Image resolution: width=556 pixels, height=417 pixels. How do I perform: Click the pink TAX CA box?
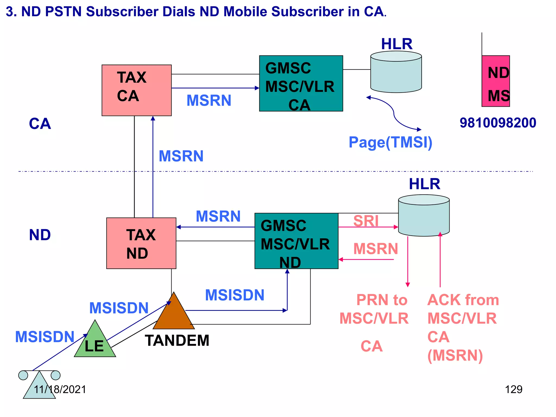pyautogui.click(x=137, y=90)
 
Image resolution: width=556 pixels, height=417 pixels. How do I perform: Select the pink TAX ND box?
pyautogui.click(x=141, y=243)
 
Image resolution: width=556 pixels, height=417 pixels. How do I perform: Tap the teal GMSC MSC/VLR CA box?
pyautogui.click(x=301, y=83)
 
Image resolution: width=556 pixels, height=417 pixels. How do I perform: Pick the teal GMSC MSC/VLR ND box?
pyautogui.click(x=296, y=241)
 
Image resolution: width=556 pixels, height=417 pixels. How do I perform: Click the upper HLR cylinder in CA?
pyautogui.click(x=396, y=72)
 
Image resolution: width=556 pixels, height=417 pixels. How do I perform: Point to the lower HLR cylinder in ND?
pyautogui.click(x=424, y=216)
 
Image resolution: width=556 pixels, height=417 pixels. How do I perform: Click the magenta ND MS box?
pyautogui.click(x=495, y=81)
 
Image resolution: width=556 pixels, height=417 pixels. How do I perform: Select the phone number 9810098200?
pyautogui.click(x=498, y=123)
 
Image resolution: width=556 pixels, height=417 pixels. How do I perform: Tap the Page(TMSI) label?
pyautogui.click(x=390, y=142)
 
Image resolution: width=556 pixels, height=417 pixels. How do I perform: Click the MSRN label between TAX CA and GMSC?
pyautogui.click(x=209, y=100)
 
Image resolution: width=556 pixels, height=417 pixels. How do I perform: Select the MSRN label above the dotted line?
pyautogui.click(x=181, y=156)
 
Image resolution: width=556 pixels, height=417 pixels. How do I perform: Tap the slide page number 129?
pyautogui.click(x=513, y=389)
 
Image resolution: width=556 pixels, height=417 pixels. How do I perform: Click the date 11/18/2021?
pyautogui.click(x=60, y=389)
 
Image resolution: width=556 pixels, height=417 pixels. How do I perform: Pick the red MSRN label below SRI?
pyautogui.click(x=375, y=249)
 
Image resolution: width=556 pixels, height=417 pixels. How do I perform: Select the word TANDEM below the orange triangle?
pyautogui.click(x=177, y=340)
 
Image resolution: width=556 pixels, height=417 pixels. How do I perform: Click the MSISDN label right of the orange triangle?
pyautogui.click(x=235, y=295)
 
